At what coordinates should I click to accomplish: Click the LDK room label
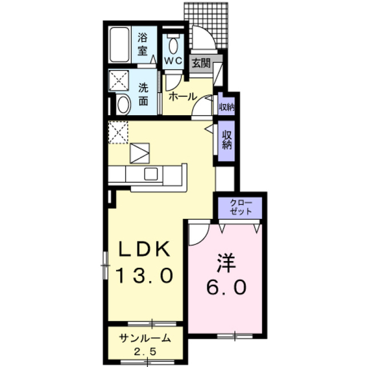pos(145,249)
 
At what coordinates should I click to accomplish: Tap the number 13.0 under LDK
pos(145,275)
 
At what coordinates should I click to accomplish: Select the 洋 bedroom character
pos(227,263)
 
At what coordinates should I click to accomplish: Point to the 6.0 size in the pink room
pos(227,287)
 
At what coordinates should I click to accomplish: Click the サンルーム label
pos(145,338)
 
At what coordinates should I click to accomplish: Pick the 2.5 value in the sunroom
pos(145,352)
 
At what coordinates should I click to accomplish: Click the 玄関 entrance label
pos(201,63)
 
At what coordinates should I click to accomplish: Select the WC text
pos(173,61)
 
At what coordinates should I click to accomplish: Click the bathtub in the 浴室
pos(120,45)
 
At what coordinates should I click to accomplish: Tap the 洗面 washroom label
pos(143,94)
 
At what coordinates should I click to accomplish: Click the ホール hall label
pos(182,96)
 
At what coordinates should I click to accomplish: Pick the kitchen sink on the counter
pos(151,174)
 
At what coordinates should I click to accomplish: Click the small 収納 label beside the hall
pos(227,107)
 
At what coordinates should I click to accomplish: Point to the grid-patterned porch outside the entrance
pos(206,25)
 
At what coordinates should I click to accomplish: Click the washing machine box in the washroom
pos(119,80)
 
